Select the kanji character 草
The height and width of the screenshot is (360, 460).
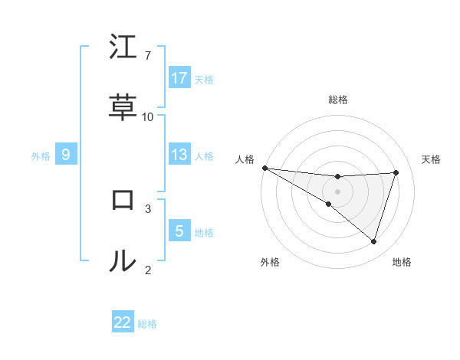(123, 109)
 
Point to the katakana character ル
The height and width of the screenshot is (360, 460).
(123, 261)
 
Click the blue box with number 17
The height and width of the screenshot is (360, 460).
(179, 78)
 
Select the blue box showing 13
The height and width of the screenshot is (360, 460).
(179, 155)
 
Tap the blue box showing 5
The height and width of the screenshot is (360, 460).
(179, 231)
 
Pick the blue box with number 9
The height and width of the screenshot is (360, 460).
(66, 155)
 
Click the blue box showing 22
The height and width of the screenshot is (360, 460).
(123, 322)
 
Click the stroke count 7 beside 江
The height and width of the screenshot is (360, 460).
(148, 55)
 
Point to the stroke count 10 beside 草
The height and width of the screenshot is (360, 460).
(148, 116)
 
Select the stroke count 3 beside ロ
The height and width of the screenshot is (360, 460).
(148, 208)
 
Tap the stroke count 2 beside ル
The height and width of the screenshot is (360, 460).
(148, 269)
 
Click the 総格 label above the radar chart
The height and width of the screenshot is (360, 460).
(338, 100)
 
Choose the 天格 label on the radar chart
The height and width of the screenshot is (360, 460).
(432, 159)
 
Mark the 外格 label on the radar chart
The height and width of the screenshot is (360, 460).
(270, 262)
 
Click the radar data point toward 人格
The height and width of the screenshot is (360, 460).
(264, 168)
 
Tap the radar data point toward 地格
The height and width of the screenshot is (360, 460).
(373, 241)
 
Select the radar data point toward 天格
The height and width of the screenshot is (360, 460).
(396, 172)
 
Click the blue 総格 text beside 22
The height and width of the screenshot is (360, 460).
(147, 324)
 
